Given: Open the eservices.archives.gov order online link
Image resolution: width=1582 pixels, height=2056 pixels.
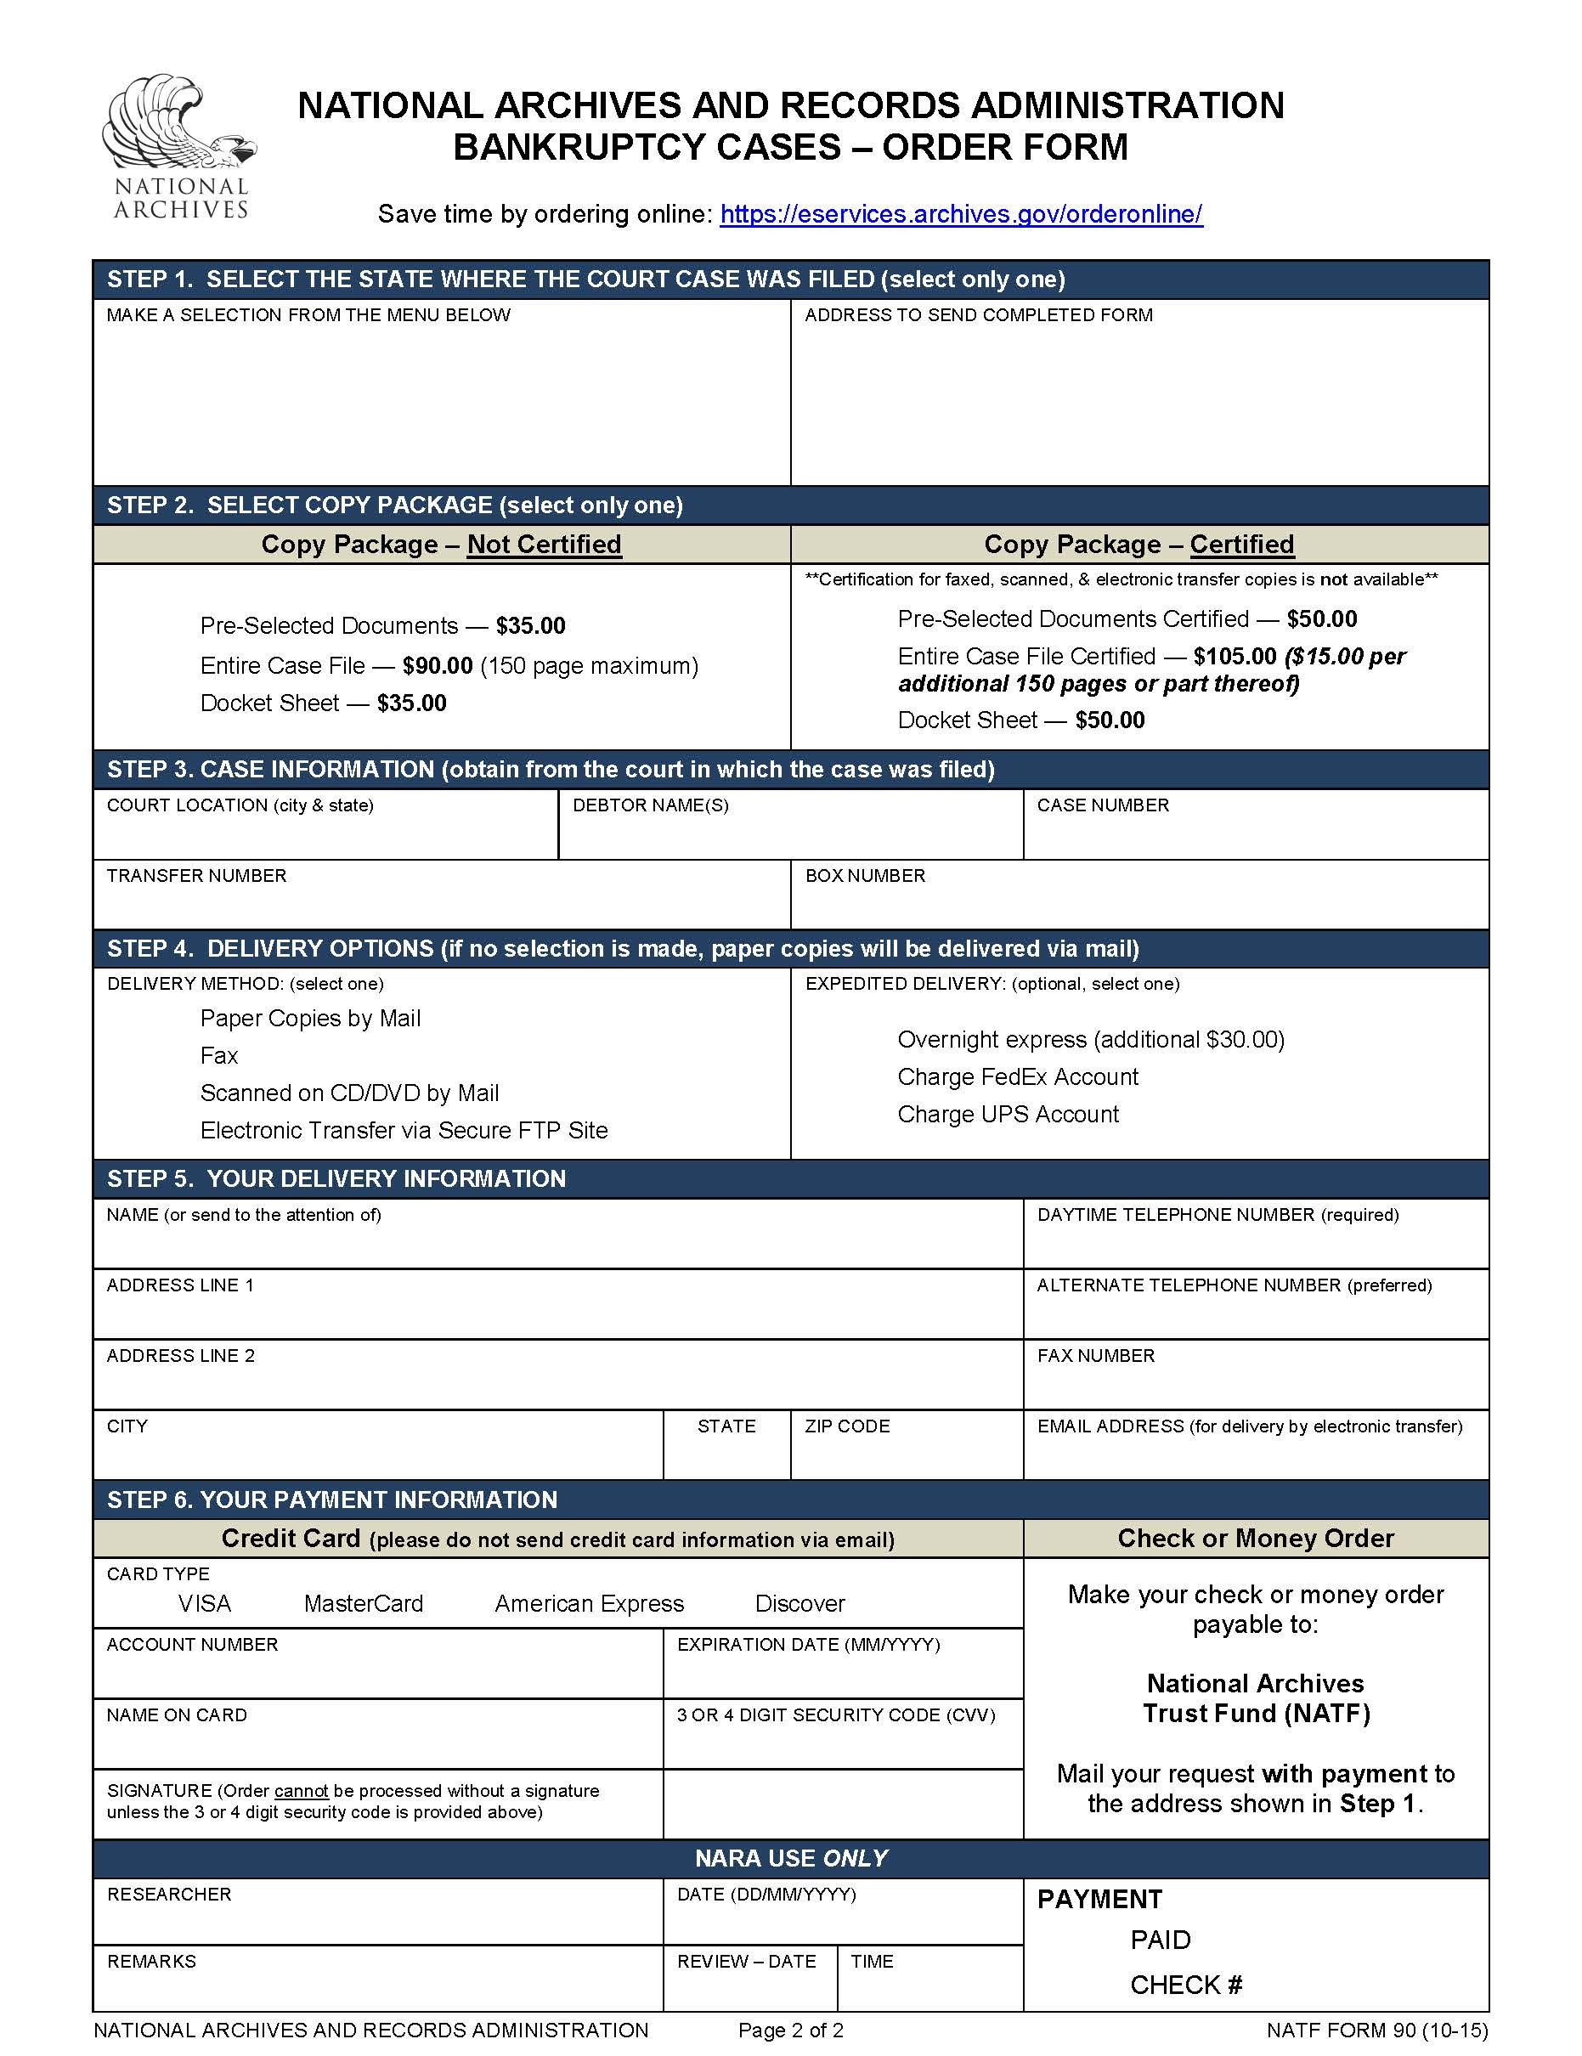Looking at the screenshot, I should coord(960,214).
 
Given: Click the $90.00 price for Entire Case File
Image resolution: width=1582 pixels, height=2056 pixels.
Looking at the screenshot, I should coord(437,665).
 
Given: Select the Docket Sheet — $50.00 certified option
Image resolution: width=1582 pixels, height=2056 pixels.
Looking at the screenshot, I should coord(1020,720).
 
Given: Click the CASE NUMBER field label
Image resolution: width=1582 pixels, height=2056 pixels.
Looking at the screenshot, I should coord(1103,805).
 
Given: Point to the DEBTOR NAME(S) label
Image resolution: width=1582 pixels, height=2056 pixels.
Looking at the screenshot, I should coord(651,805).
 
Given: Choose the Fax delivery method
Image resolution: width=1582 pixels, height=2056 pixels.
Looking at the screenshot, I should coord(219,1055).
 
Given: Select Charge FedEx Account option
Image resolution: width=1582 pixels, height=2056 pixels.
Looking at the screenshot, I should coord(1018,1076).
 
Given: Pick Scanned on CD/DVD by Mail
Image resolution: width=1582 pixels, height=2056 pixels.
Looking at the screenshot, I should coord(349,1093).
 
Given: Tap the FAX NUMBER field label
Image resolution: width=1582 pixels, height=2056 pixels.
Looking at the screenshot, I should coord(1096,1356).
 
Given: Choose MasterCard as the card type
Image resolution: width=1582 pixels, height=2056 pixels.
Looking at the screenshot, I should coord(364,1603).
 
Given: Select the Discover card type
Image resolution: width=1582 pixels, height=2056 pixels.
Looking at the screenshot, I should coord(799,1603).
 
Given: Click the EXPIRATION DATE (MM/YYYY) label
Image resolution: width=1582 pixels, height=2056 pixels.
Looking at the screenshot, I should coord(808,1645).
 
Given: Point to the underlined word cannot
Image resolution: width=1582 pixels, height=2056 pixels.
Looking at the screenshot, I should coord(302,1791).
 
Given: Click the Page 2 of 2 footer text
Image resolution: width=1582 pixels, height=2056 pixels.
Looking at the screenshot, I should coord(791,2030).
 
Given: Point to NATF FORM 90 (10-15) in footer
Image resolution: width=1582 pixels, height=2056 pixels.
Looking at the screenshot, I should coord(1376,2030).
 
